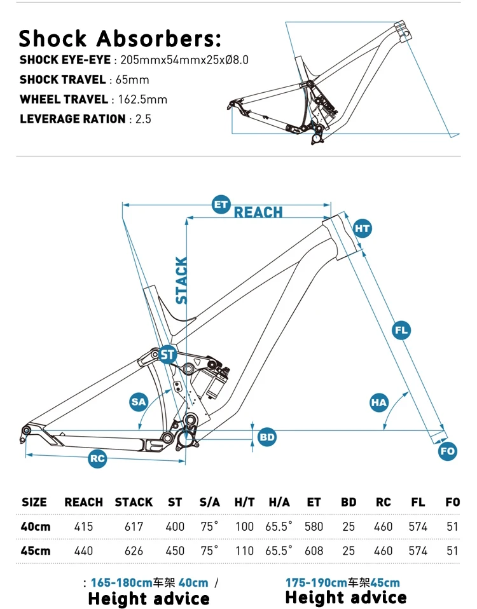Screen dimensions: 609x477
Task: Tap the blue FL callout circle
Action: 401,330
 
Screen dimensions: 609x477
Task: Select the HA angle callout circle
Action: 379,402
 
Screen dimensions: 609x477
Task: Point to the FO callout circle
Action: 448,451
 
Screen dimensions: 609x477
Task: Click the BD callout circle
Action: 267,437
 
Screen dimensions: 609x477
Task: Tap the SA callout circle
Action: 139,401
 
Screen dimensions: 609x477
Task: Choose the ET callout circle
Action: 221,204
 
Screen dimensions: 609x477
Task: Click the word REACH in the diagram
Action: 258,212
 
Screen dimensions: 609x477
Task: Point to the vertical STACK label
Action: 182,280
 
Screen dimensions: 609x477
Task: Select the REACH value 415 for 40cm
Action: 83,526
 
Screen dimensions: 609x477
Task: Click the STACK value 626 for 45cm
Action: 134,551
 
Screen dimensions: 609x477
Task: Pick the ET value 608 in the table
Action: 314,551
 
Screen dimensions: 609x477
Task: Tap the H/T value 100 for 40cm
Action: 244,526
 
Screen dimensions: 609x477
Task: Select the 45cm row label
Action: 36,551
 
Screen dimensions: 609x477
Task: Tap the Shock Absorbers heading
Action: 120,38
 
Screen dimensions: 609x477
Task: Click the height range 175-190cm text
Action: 314,582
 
